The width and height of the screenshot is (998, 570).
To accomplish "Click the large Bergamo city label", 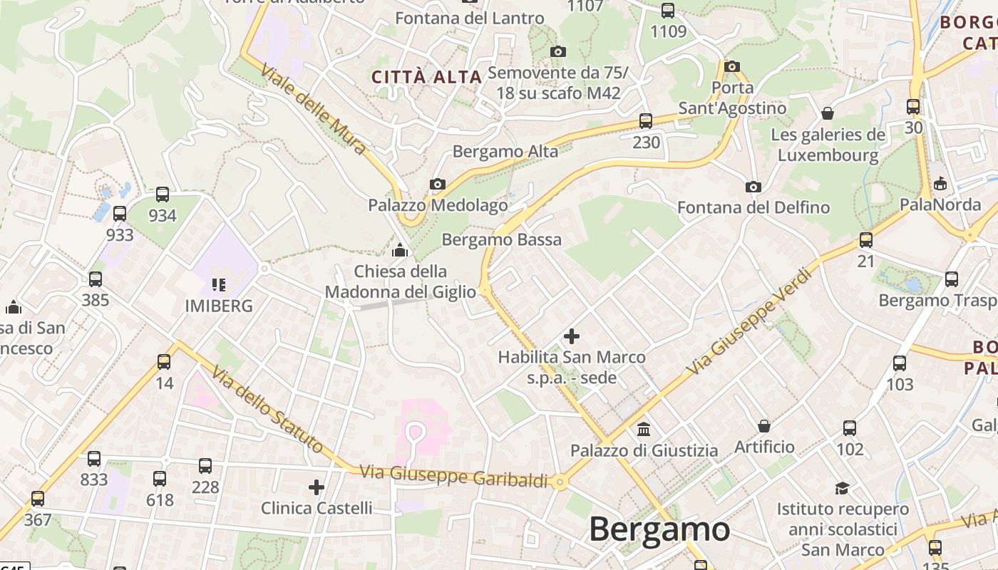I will pyautogui.click(x=659, y=529).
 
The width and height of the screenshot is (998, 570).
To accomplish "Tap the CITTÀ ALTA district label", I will pyautogui.click(x=427, y=77).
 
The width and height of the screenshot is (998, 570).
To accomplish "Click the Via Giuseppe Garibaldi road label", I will pyautogui.click(x=453, y=476).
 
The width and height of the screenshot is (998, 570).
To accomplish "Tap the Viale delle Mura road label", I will pyautogui.click(x=314, y=110).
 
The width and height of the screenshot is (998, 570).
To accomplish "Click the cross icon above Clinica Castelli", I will pyautogui.click(x=317, y=487).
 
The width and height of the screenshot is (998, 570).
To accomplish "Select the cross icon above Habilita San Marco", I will pyautogui.click(x=572, y=336).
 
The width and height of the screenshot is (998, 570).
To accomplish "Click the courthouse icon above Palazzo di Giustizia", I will pyautogui.click(x=644, y=429).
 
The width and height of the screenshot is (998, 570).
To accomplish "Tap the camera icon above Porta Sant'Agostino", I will pyautogui.click(x=731, y=67).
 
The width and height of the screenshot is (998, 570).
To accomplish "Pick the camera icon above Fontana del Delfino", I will pyautogui.click(x=753, y=187).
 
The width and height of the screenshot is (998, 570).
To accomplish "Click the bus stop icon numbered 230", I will pyautogui.click(x=646, y=121).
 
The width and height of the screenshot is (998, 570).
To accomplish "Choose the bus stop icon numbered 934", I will pyautogui.click(x=163, y=195).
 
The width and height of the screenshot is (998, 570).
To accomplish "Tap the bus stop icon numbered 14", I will pyautogui.click(x=164, y=362).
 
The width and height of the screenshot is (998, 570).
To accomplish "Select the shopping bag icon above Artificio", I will pyautogui.click(x=764, y=426).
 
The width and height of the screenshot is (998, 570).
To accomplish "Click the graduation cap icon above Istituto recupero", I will pyautogui.click(x=843, y=488).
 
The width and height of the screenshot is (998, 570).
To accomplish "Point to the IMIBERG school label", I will pyautogui.click(x=219, y=306).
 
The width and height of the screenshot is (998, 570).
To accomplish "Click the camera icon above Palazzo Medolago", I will pyautogui.click(x=438, y=185).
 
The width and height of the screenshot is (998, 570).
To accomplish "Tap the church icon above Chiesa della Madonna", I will pyautogui.click(x=400, y=251).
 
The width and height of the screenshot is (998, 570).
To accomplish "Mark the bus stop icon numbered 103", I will pyautogui.click(x=900, y=363).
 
